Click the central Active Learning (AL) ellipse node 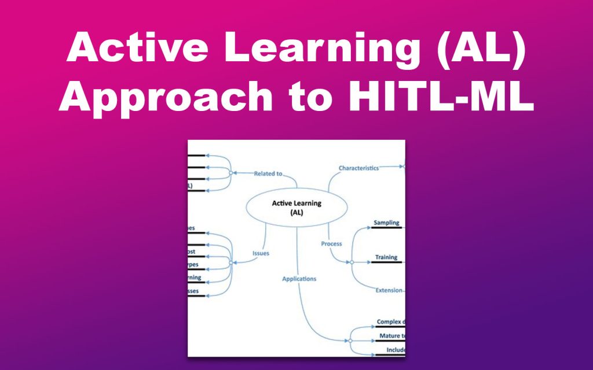pos(296,208)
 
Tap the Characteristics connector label pos(358,168)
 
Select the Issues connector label pos(261,253)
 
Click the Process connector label pos(332,244)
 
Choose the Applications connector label pos(299,279)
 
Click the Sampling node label pos(386,223)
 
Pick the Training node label pos(386,257)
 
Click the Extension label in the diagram pos(389,290)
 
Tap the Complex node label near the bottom pos(390,322)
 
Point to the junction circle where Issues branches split pos(230,262)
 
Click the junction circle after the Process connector pos(351,262)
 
